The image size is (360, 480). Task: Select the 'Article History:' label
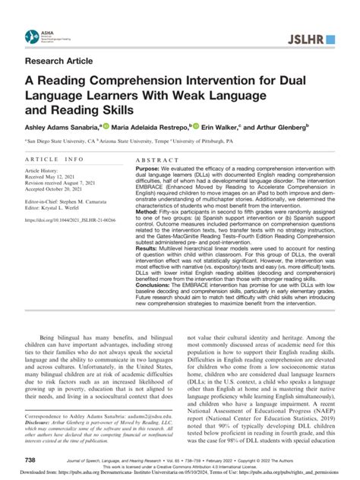point(47,173)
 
